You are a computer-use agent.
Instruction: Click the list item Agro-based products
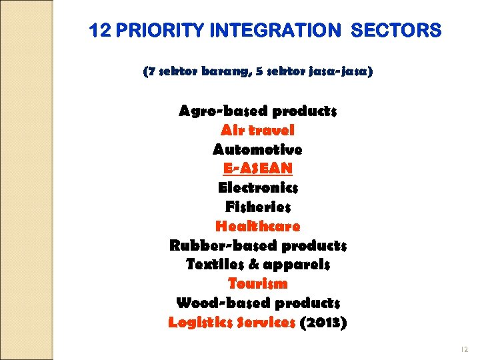(x=258, y=111)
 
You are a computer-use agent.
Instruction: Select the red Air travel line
(x=258, y=130)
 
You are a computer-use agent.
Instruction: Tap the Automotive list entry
(x=258, y=149)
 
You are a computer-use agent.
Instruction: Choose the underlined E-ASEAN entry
(x=258, y=168)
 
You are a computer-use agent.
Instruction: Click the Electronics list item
(x=258, y=187)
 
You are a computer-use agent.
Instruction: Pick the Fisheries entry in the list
(x=258, y=207)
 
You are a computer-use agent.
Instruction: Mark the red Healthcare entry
(x=258, y=226)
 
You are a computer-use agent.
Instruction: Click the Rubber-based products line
(x=258, y=245)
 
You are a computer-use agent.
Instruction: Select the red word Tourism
(x=258, y=284)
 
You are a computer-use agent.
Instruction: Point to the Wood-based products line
(x=258, y=303)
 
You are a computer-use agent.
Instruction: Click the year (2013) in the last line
(x=323, y=323)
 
